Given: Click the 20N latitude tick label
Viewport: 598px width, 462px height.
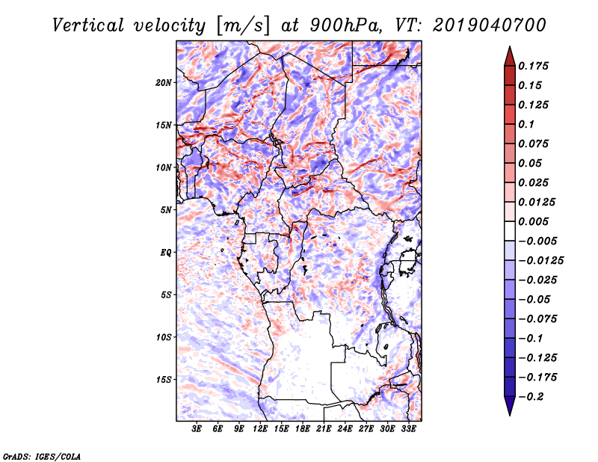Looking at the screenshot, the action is pos(164,83).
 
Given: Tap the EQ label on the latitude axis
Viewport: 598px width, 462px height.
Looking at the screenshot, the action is pos(166,253).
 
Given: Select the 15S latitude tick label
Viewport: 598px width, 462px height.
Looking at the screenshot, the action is pos(164,380).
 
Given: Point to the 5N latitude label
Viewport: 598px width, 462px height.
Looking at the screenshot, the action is pos(166,210).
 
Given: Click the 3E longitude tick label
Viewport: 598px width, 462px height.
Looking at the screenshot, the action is pos(197,429).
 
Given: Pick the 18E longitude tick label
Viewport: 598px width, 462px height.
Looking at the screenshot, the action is pos(303,429).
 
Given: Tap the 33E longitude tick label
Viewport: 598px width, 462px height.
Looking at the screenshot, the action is pos(408,429).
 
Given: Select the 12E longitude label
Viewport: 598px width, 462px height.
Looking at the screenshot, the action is pos(260,429).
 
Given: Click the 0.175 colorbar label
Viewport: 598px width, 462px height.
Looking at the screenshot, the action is pos(533,66).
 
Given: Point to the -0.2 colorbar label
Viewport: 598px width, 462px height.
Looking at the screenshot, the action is pos(531,397).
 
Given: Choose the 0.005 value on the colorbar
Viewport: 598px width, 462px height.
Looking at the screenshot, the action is pos(533,221).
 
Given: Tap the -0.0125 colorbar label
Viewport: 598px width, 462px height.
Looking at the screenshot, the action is pos(540,261).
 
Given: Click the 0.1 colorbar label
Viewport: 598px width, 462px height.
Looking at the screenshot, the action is pos(526,124).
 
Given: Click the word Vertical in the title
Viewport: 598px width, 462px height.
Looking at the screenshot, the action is pos(87,25).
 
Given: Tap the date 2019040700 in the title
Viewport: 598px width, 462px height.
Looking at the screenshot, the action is pos(490,25).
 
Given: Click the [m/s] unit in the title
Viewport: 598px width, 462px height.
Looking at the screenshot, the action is pos(242,26).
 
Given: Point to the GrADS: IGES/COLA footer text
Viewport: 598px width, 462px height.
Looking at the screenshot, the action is pos(42,456).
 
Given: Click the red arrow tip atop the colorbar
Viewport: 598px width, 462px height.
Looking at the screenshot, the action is pos(510,47).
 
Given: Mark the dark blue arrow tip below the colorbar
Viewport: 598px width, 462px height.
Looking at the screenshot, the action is pos(510,415).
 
